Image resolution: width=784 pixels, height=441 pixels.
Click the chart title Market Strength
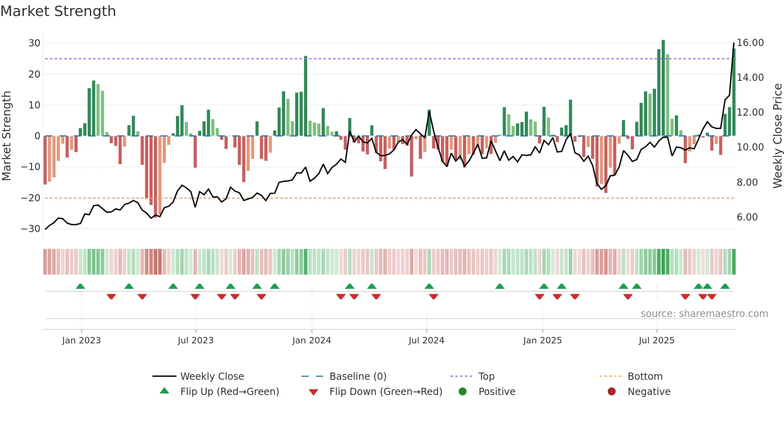click(x=58, y=11)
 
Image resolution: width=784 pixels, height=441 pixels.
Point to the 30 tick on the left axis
click(x=34, y=43)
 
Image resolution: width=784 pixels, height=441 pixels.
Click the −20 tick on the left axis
click(x=31, y=198)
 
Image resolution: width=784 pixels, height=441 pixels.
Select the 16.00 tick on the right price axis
click(x=750, y=43)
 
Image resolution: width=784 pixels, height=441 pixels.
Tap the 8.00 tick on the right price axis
click(x=747, y=182)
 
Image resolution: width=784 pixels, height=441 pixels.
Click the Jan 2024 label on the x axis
click(x=312, y=341)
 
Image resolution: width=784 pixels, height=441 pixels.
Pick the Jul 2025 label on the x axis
click(x=656, y=341)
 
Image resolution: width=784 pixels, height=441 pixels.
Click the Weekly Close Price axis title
click(x=777, y=136)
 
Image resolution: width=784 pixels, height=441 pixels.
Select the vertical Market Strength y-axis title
click(x=6, y=136)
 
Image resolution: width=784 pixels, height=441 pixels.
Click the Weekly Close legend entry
click(x=212, y=377)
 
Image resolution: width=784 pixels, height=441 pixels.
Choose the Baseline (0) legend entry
click(x=358, y=377)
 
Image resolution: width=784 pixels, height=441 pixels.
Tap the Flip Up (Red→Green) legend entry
click(x=229, y=392)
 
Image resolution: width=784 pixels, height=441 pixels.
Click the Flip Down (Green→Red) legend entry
click(x=386, y=392)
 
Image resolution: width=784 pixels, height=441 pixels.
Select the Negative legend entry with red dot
click(x=648, y=392)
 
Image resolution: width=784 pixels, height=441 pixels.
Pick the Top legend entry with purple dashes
click(x=486, y=377)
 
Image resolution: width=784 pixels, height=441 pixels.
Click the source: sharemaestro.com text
click(x=704, y=314)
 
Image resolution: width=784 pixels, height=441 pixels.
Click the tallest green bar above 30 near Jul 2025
click(x=663, y=88)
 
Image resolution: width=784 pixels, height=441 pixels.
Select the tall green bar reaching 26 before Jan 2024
click(x=306, y=96)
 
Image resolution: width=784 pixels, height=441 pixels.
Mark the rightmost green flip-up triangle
click(x=725, y=287)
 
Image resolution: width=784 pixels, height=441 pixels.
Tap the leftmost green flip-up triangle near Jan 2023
click(x=80, y=287)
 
